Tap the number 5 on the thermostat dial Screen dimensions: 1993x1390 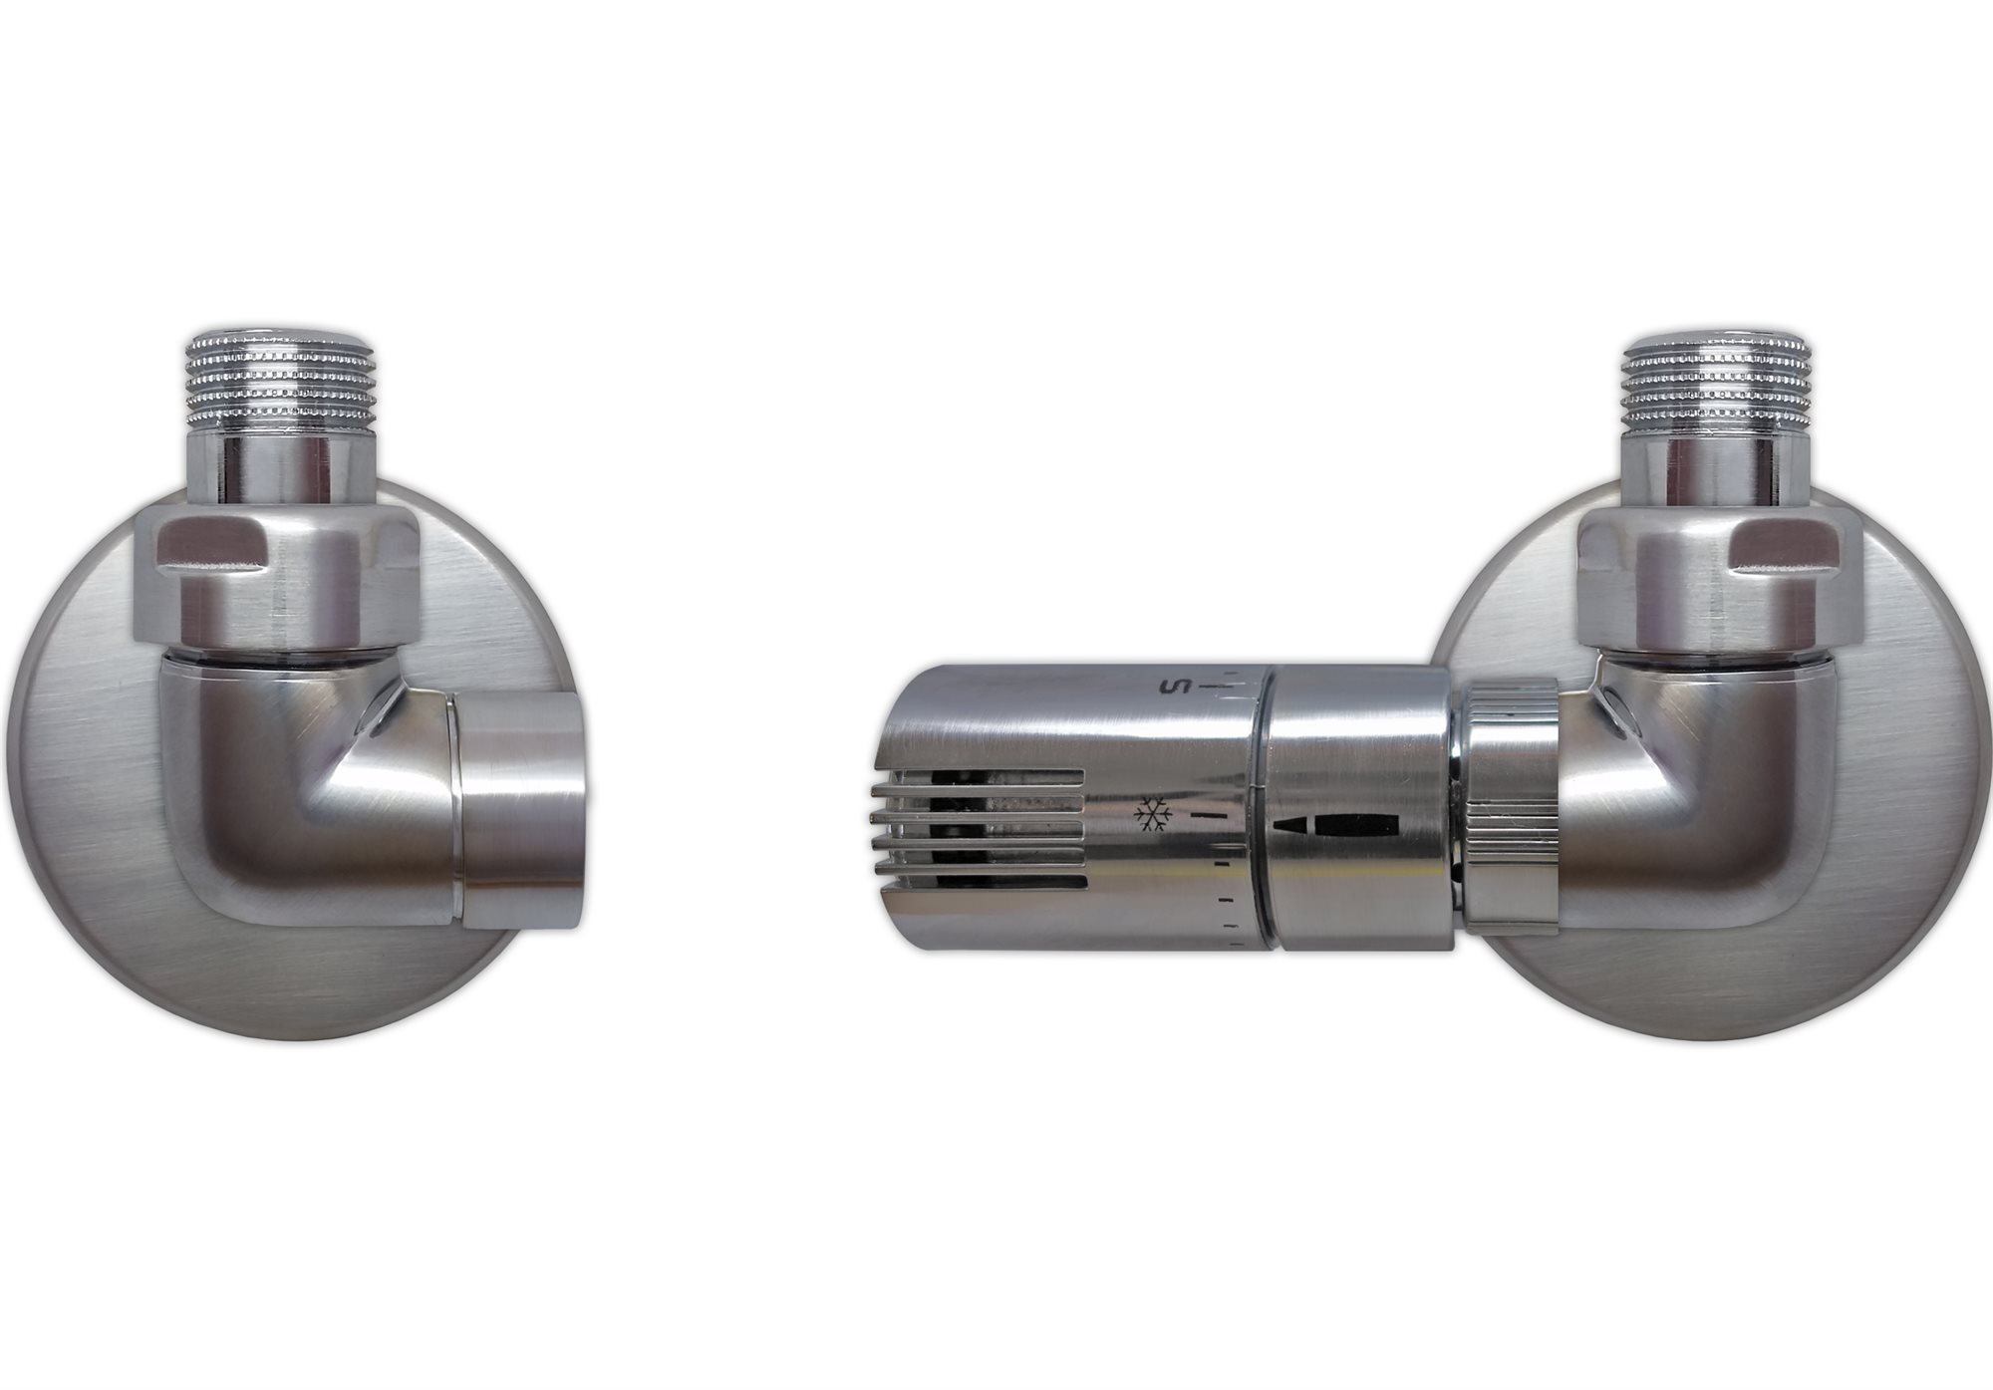1171,688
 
